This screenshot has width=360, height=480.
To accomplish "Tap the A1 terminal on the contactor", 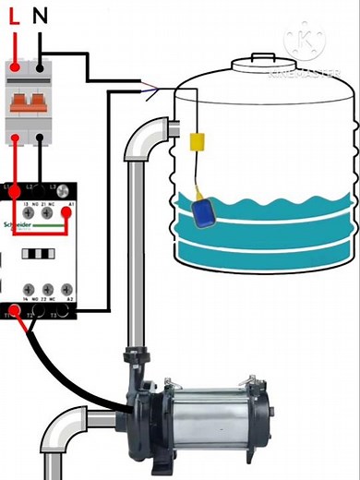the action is point(66,211).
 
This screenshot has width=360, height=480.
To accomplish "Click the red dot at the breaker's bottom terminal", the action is point(17,139).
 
